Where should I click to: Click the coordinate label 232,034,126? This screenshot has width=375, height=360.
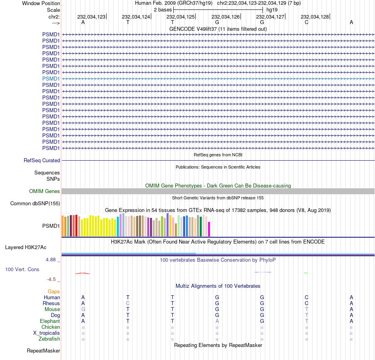[x=225, y=17]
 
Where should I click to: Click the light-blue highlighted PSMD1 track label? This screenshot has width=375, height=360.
[x=51, y=79]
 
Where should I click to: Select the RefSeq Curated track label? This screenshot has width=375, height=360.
[x=42, y=161]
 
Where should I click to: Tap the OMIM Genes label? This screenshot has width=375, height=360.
[x=45, y=191]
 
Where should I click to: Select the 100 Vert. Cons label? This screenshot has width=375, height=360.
[x=22, y=269]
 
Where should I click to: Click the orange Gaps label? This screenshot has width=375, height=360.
[x=54, y=291]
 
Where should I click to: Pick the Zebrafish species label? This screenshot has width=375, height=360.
[x=49, y=339]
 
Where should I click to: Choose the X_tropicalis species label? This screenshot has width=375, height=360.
[x=47, y=333]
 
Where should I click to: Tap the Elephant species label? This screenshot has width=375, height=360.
[x=50, y=321]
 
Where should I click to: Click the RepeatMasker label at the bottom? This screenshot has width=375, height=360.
[x=43, y=351]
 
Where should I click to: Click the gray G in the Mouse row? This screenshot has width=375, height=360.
[x=83, y=309]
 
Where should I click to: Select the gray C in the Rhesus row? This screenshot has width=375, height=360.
[x=127, y=303]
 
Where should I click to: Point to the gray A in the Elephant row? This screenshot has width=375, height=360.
[x=217, y=321]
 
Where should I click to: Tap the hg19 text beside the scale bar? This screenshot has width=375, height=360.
[x=272, y=9]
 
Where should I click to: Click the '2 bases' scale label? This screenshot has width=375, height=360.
[x=163, y=9]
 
